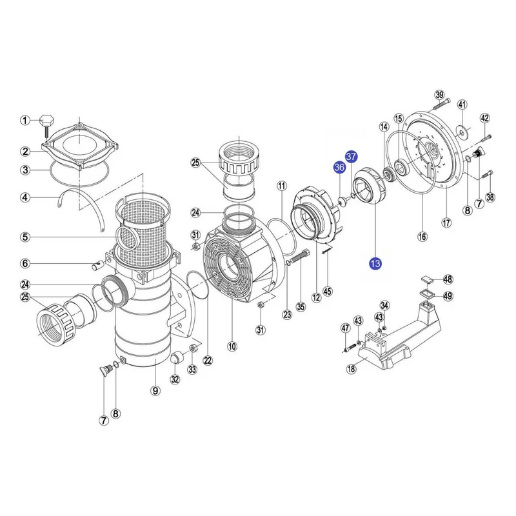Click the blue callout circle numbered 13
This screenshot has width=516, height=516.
(x=375, y=263)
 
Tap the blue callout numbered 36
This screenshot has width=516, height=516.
(x=339, y=168)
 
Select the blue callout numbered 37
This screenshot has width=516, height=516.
(x=352, y=156)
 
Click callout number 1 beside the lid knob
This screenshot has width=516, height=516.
(x=25, y=121)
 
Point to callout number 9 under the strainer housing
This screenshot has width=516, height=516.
(x=155, y=391)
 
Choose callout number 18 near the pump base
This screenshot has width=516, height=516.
(x=352, y=368)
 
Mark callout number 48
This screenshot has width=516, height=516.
(x=448, y=279)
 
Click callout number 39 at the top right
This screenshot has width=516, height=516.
(x=440, y=95)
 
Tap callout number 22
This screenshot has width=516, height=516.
(x=208, y=361)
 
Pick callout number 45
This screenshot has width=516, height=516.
(x=328, y=292)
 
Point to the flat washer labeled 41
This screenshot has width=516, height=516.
(x=462, y=132)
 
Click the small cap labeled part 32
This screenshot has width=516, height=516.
(x=179, y=358)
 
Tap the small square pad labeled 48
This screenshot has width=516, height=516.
(x=427, y=280)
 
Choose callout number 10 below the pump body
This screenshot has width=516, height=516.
(x=232, y=346)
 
